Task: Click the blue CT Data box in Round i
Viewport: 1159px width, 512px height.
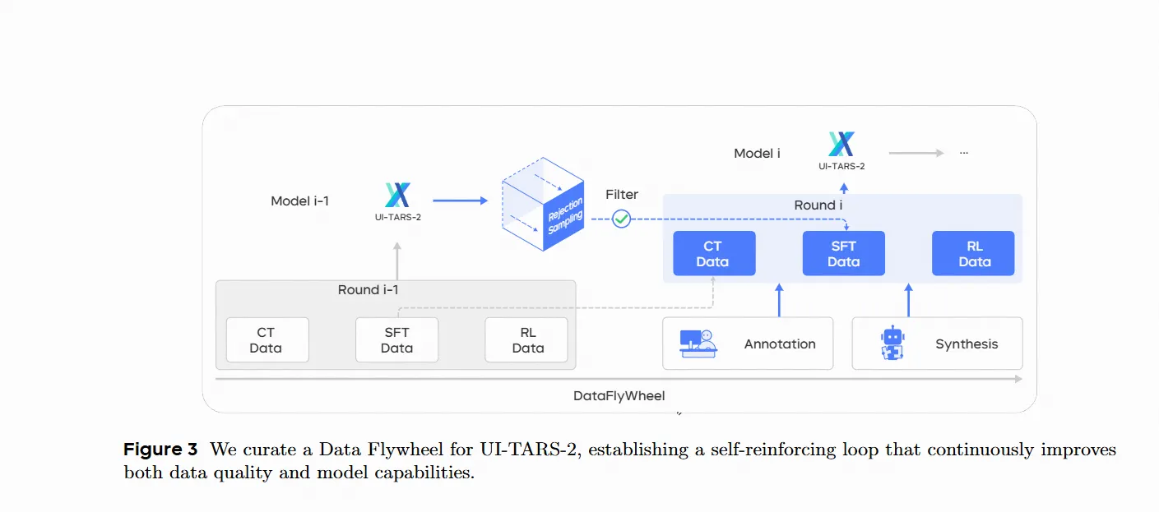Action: [x=713, y=253]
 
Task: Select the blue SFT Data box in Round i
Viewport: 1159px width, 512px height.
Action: [x=843, y=253]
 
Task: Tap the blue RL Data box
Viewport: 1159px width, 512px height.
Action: [x=973, y=253]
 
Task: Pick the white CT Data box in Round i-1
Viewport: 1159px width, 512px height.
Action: [x=267, y=340]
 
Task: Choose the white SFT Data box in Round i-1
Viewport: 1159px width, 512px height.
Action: [x=396, y=340]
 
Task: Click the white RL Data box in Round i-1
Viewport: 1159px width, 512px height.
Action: [x=526, y=340]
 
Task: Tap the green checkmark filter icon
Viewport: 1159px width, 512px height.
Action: [x=621, y=219]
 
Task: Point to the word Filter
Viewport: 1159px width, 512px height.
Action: [x=622, y=195]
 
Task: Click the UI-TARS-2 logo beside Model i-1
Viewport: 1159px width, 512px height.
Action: [x=397, y=196]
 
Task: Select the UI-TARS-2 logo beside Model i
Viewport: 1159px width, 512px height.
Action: [x=841, y=145]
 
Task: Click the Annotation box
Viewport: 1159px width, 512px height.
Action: [x=748, y=344]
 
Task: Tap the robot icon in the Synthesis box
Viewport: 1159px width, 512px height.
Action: [x=892, y=344]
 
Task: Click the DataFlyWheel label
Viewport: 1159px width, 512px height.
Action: [x=619, y=396]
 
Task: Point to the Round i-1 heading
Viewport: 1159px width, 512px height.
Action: [x=368, y=290]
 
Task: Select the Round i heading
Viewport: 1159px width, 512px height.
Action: [x=818, y=205]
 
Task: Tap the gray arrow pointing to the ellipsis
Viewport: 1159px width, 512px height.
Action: [x=916, y=153]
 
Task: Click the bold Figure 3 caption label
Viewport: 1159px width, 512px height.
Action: [x=160, y=450]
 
